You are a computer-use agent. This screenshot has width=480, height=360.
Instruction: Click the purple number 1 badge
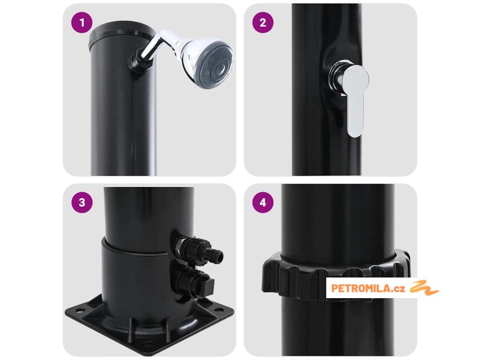82,22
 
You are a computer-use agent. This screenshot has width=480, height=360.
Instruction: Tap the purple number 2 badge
262,22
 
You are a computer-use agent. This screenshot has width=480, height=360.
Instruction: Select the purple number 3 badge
82,202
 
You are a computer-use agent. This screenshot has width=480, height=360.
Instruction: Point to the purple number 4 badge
262,202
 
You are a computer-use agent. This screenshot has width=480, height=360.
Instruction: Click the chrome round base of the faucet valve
337,79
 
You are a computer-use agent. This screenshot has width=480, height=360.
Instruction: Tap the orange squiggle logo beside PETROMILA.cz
424,287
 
